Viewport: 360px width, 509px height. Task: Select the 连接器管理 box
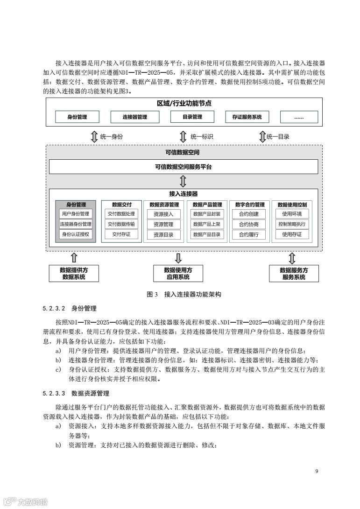coord(134,117)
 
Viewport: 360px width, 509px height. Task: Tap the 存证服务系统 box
coord(247,117)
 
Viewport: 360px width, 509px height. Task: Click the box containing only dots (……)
coord(299,117)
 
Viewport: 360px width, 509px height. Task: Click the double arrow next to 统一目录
coord(262,137)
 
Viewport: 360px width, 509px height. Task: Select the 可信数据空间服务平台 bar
coord(183,167)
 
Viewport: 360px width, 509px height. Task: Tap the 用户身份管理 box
coord(75,214)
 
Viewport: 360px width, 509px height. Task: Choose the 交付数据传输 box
coord(121,224)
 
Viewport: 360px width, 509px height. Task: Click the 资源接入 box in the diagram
coord(163,214)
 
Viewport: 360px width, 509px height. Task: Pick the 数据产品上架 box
coord(206,224)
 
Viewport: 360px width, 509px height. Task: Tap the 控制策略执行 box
coord(292,224)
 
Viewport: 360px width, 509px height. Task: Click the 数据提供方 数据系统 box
coord(74,273)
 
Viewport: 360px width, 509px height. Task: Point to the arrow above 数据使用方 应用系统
coord(178,258)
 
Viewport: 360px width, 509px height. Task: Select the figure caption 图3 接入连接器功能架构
coord(184,294)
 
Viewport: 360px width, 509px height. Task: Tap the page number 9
coord(317,471)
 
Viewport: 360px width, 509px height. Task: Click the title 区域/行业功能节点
coord(184,104)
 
